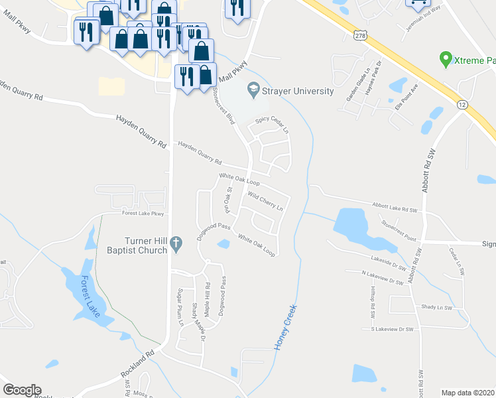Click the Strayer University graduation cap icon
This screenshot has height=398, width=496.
coord(252,88)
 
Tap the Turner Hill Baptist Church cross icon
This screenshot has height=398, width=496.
coord(176,244)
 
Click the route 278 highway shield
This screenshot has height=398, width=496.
coord(359,34)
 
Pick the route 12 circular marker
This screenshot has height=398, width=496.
coord(462,104)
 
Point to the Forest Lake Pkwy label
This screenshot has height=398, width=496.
coord(142,214)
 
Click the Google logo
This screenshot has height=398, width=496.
coord(22,390)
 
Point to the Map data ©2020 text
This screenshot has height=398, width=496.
coord(468,393)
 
